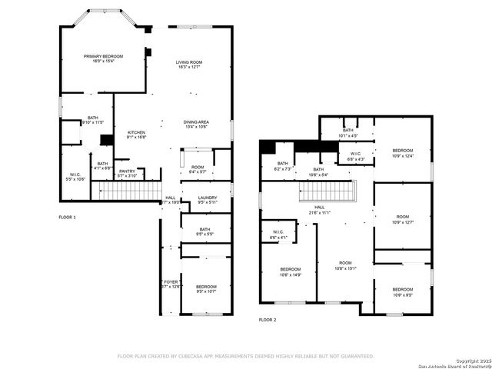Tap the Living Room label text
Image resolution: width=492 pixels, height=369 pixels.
188,65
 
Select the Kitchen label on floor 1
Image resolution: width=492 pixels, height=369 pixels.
136,135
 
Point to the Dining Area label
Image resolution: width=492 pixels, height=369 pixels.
196,125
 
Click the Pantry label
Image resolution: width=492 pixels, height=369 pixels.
127,174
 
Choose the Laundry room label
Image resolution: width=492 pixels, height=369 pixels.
207,201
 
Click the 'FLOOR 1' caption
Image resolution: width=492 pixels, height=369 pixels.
68,218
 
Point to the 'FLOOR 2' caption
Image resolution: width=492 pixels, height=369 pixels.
267,319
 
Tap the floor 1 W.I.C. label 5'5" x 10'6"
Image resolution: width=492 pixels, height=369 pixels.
75,177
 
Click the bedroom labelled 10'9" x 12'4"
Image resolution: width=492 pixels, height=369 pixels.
403,153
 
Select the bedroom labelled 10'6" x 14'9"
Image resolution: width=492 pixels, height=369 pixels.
291,271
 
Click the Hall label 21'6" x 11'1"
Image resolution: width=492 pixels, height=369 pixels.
319,209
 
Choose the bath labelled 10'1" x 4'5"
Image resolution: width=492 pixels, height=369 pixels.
348,133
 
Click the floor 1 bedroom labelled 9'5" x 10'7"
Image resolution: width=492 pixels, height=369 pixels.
206,289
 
